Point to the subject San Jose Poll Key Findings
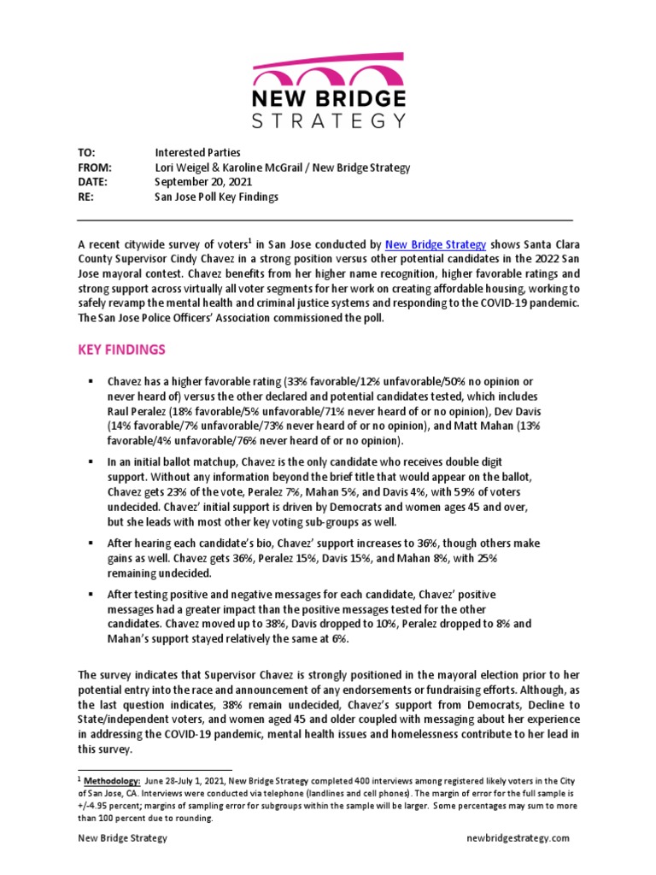point(216,197)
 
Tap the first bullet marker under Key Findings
point(90,380)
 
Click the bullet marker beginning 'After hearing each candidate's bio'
point(90,543)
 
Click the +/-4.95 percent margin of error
point(105,806)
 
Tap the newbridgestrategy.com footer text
point(518,838)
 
